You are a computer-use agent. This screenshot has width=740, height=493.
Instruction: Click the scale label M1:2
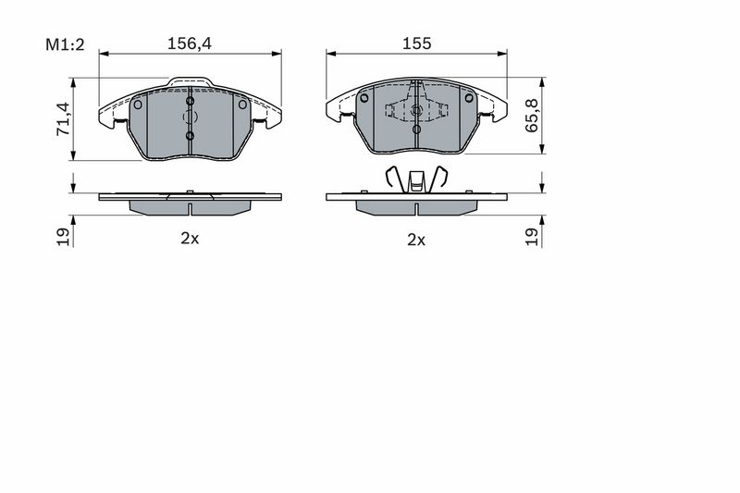[65, 44]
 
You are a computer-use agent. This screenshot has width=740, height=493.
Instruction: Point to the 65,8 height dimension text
[532, 116]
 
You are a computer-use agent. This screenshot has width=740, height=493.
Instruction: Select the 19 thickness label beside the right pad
[532, 236]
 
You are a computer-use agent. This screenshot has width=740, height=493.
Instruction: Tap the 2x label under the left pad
[190, 239]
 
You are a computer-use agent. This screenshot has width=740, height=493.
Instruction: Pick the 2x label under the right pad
[416, 239]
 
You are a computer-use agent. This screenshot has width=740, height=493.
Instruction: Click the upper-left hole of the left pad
[138, 104]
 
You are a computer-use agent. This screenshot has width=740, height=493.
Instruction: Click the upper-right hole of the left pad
[242, 104]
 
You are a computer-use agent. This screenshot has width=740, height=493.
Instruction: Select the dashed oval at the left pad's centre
[190, 117]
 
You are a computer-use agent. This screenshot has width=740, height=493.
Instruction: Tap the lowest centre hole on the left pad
[190, 137]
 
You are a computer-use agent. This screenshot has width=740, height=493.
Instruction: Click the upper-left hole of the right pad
[364, 98]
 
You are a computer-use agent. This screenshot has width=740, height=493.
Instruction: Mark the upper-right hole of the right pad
[469, 98]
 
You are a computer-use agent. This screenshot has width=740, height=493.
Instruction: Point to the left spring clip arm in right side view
[392, 177]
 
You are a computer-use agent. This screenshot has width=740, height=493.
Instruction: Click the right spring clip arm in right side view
[441, 177]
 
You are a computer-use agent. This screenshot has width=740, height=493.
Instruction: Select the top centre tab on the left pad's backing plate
[190, 83]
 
